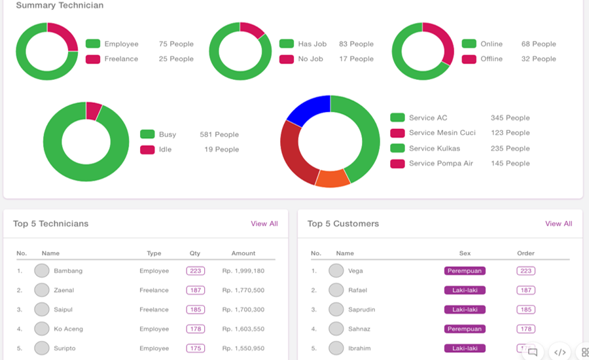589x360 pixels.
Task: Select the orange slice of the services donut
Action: click(333, 178)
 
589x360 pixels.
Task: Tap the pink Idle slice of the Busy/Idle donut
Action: click(93, 111)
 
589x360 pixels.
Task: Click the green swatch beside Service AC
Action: click(397, 118)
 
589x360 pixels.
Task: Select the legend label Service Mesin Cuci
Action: click(442, 133)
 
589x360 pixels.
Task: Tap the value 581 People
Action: click(219, 135)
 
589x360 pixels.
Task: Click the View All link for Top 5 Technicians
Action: click(264, 224)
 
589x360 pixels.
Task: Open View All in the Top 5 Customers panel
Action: click(559, 224)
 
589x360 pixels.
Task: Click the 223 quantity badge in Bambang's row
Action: click(195, 270)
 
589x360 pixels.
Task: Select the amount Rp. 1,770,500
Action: click(243, 290)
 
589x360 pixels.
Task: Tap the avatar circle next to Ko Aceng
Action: click(42, 329)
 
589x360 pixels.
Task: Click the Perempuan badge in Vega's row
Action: click(465, 270)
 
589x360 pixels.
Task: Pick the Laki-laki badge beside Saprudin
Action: click(465, 310)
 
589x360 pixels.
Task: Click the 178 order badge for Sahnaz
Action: click(526, 329)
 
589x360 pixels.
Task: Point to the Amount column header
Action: click(243, 253)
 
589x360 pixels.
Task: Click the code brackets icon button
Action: click(560, 352)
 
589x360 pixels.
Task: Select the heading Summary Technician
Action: click(60, 5)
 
